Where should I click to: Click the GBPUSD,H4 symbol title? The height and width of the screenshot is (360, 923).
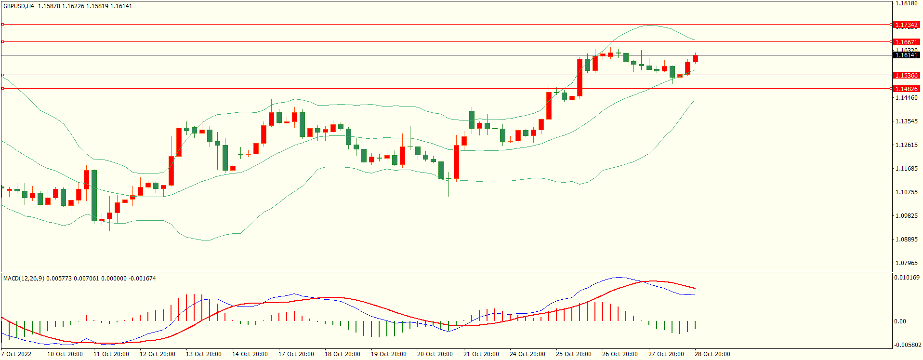point(19,6)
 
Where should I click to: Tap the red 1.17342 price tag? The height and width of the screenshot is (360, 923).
point(906,25)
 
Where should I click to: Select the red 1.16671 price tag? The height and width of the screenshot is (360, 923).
point(906,42)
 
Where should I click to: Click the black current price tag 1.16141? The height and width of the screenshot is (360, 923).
point(906,55)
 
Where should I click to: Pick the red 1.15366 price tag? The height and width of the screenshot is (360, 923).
point(906,75)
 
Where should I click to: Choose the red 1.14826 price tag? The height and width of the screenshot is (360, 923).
point(906,89)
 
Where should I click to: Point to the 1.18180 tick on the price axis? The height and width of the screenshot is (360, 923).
point(906,3)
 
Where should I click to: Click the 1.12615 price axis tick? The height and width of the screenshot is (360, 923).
point(906,145)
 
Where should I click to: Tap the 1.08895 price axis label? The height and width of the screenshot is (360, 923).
point(906,240)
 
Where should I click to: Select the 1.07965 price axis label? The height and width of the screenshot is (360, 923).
point(906,263)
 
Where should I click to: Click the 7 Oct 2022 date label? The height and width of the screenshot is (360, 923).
point(16,354)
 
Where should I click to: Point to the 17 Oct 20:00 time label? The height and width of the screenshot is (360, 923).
point(296,354)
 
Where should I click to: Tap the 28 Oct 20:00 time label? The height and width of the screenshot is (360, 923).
point(712,354)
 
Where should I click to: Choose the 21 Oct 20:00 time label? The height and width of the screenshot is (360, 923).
point(481,354)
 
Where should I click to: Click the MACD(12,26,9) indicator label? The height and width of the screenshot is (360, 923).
point(24,279)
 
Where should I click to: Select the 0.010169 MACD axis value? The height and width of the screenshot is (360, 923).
point(907,278)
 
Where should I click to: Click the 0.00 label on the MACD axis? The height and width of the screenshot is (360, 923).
point(900,321)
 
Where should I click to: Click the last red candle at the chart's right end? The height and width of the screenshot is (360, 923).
point(695,59)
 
